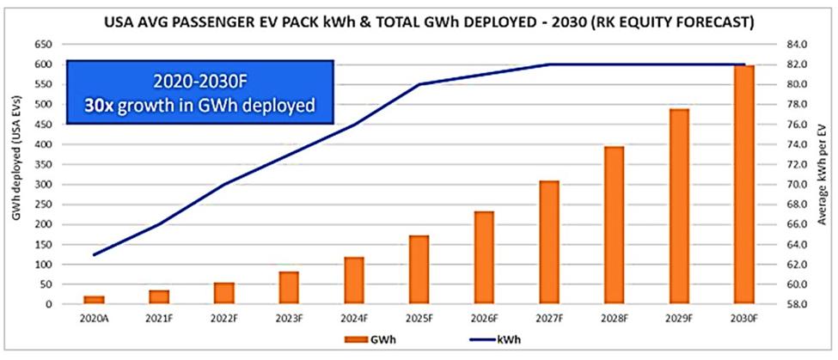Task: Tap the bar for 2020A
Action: pyautogui.click(x=95, y=299)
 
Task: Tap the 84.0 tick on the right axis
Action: pyautogui.click(x=795, y=45)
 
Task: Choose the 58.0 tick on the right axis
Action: pyautogui.click(x=795, y=304)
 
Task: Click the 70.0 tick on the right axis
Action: pyautogui.click(x=795, y=185)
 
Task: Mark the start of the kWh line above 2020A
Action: pyautogui.click(x=95, y=254)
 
